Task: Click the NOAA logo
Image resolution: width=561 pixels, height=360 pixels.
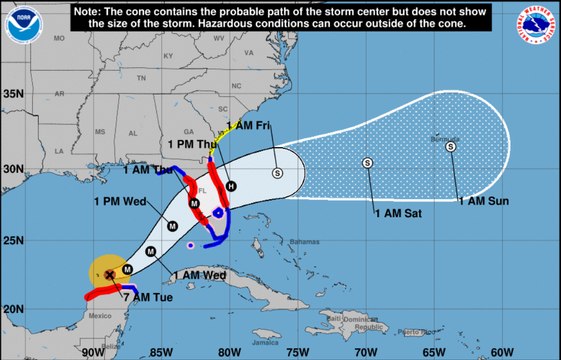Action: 20,26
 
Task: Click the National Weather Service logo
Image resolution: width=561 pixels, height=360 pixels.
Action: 538,27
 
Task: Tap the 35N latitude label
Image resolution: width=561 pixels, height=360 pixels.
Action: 13,94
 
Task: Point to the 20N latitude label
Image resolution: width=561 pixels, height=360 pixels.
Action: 13,309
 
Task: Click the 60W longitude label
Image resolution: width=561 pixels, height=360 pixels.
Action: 502,351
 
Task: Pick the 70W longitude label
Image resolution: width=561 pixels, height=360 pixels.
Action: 366,351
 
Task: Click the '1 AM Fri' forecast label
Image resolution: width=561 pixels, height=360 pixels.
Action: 249,125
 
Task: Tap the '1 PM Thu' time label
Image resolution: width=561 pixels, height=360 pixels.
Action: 192,145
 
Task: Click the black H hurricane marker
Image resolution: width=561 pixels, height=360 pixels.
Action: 231,186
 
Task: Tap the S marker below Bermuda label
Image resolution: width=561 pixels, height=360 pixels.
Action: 450,146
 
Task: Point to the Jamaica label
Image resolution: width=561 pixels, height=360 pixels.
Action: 265,342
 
